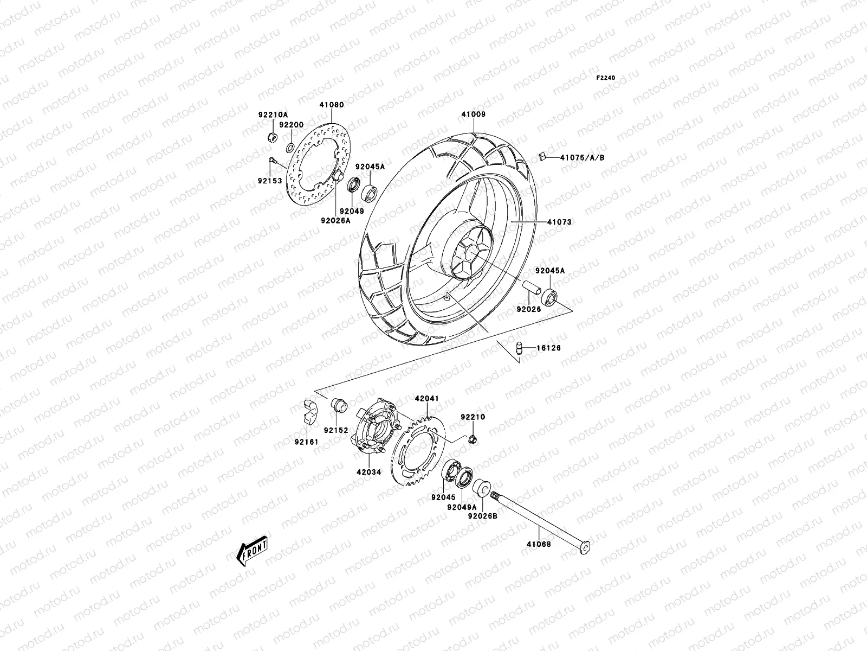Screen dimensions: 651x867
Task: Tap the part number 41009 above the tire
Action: (x=473, y=115)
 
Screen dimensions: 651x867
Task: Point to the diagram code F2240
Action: (x=606, y=78)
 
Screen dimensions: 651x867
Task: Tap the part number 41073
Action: (x=559, y=222)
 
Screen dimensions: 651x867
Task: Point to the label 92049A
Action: (x=462, y=507)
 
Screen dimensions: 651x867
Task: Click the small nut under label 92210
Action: (x=473, y=439)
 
